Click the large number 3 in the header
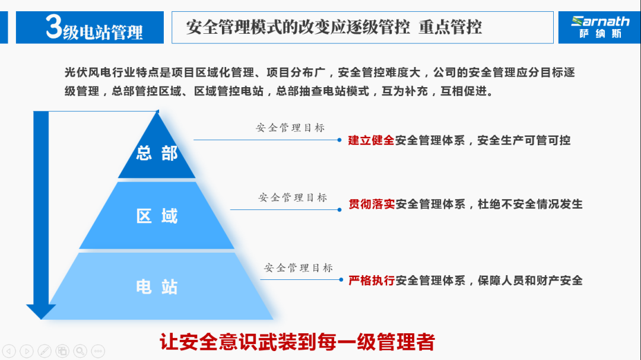(53, 27)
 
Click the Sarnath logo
(599, 27)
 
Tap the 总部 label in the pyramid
(157, 153)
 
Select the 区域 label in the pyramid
(157, 216)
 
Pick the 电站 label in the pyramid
(157, 287)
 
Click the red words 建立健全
(371, 140)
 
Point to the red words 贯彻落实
(372, 204)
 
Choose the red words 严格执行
(372, 281)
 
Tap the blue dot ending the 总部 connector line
(339, 140)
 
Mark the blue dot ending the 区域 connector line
(339, 209)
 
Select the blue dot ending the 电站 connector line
(341, 279)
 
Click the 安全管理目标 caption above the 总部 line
(290, 128)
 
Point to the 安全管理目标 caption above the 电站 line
(299, 268)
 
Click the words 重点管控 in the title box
(450, 27)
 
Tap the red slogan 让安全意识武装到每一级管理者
(297, 342)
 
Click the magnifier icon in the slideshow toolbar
(80, 351)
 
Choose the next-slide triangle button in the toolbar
(27, 351)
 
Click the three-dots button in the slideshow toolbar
(98, 351)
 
